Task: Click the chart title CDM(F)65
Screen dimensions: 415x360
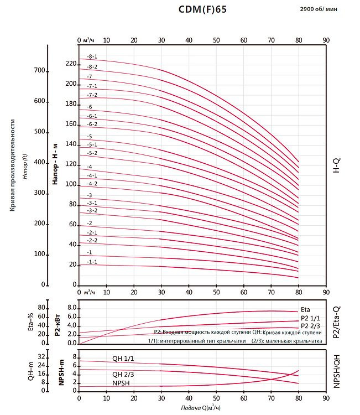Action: pyautogui.click(x=202, y=9)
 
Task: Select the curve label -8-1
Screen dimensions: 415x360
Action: pyautogui.click(x=92, y=57)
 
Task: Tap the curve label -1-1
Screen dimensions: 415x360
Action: pyautogui.click(x=92, y=262)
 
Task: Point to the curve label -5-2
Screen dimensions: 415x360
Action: pyautogui.click(x=92, y=153)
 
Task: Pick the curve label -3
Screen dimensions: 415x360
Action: pyautogui.click(x=90, y=195)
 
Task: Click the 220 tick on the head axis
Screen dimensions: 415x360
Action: pyautogui.click(x=70, y=64)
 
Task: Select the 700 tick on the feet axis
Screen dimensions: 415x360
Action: pyautogui.click(x=39, y=71)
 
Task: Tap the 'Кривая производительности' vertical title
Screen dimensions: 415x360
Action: pyautogui.click(x=12, y=164)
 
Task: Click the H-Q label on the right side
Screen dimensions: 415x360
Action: pyautogui.click(x=337, y=164)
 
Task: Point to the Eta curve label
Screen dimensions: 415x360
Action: pyautogui.click(x=306, y=310)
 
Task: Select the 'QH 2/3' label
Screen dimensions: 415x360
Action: pyautogui.click(x=123, y=374)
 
